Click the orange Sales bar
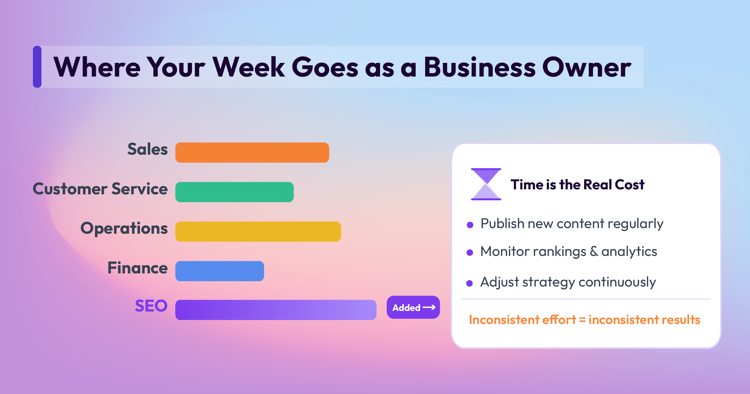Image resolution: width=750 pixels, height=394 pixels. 252,152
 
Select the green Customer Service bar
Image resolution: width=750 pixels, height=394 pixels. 234,192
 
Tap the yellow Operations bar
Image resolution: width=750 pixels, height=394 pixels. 258,232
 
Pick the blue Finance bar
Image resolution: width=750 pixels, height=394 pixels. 220,271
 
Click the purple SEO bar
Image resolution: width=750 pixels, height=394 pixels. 276,310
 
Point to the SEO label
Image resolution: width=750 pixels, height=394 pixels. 151,306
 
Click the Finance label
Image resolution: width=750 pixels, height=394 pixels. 137,268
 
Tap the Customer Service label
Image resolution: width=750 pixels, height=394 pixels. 100,189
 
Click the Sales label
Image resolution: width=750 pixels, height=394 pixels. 147,149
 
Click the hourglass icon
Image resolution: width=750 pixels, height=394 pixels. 486,184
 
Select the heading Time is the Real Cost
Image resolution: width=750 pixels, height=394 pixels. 577,185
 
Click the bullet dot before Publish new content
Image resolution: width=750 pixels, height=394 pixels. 470,225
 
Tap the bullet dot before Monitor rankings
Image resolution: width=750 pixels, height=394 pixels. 469,252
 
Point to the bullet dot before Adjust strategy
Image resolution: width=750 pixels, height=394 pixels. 469,283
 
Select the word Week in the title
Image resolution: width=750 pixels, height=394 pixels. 249,67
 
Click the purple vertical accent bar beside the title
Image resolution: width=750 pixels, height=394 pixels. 37,67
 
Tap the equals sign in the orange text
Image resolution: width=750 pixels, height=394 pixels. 582,320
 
